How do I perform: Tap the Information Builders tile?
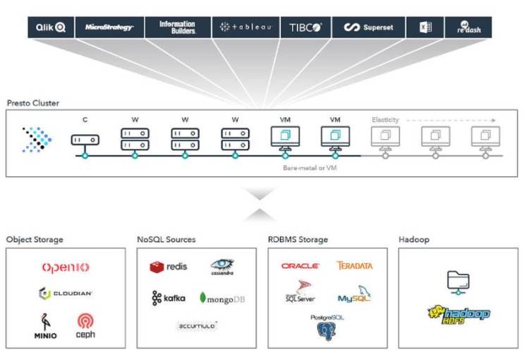(x=176, y=28)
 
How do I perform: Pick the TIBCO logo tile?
(x=305, y=28)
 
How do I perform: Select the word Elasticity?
(x=385, y=120)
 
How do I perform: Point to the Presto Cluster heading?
(x=33, y=103)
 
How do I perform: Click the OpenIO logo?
(x=66, y=268)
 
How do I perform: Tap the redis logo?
(x=168, y=267)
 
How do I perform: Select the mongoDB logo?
(x=222, y=299)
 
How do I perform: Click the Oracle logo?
(x=300, y=266)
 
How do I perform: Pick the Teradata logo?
(x=355, y=266)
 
